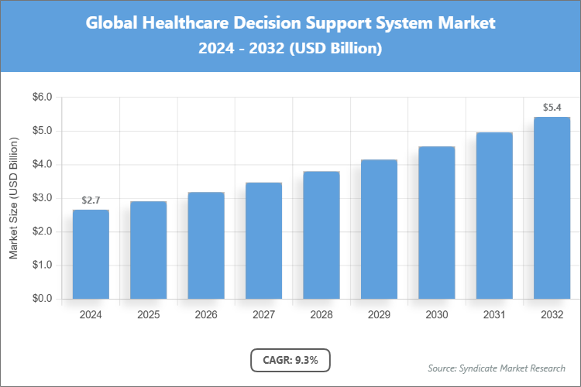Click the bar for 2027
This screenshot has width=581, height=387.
(x=263, y=241)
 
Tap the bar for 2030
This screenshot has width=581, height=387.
(x=436, y=222)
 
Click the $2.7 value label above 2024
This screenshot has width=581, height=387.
(x=91, y=200)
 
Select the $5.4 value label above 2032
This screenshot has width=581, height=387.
(x=552, y=108)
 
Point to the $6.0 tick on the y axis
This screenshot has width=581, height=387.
(x=41, y=98)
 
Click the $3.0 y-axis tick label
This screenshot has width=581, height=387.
(x=41, y=198)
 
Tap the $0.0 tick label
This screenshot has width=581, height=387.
(x=41, y=299)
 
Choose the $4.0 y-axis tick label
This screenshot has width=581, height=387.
(x=41, y=165)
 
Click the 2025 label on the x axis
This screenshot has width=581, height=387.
(x=148, y=315)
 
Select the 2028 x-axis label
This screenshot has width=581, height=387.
(x=321, y=315)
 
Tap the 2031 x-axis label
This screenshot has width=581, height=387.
(x=494, y=315)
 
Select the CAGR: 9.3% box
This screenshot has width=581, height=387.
(x=290, y=360)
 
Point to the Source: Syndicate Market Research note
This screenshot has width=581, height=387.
(x=497, y=368)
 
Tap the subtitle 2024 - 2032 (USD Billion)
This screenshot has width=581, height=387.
(x=290, y=49)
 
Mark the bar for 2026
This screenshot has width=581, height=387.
(x=206, y=245)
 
